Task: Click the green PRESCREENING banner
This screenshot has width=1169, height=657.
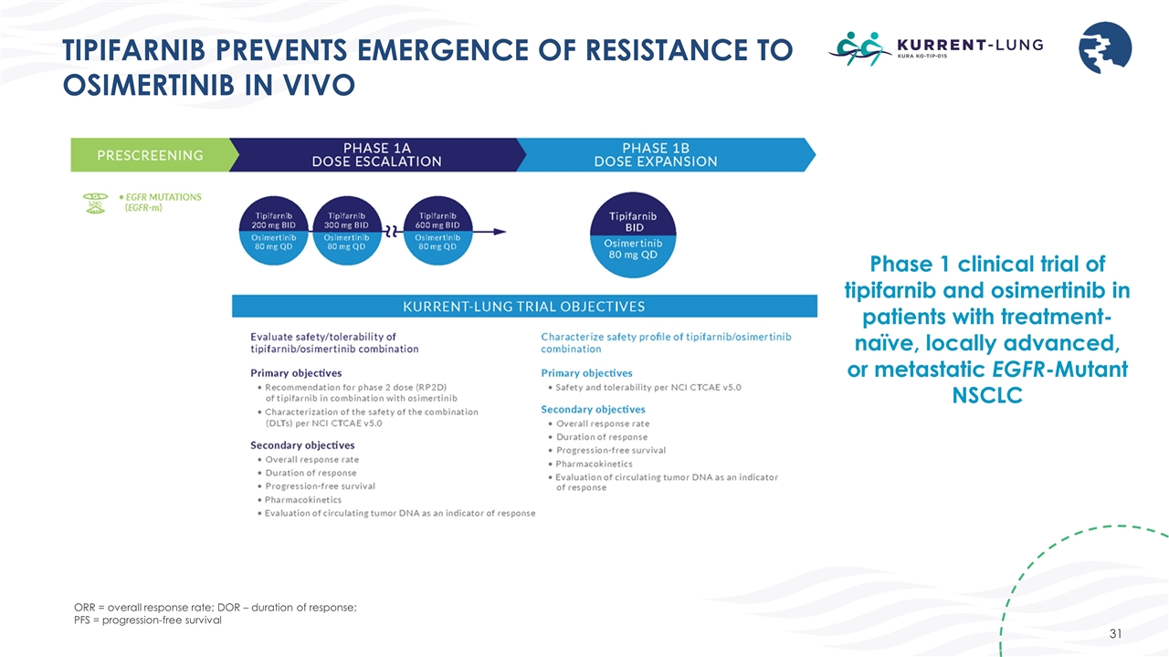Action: pyautogui.click(x=152, y=154)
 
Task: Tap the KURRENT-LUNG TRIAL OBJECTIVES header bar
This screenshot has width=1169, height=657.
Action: pyautogui.click(x=523, y=306)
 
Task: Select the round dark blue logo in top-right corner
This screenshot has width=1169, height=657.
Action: pyautogui.click(x=1106, y=48)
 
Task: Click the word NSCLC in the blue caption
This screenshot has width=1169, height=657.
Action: pyautogui.click(x=987, y=397)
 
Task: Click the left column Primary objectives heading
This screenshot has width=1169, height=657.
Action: pyautogui.click(x=296, y=372)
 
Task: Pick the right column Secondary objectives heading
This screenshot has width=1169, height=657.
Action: pyautogui.click(x=593, y=409)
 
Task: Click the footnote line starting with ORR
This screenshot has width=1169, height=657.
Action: pyautogui.click(x=215, y=608)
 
